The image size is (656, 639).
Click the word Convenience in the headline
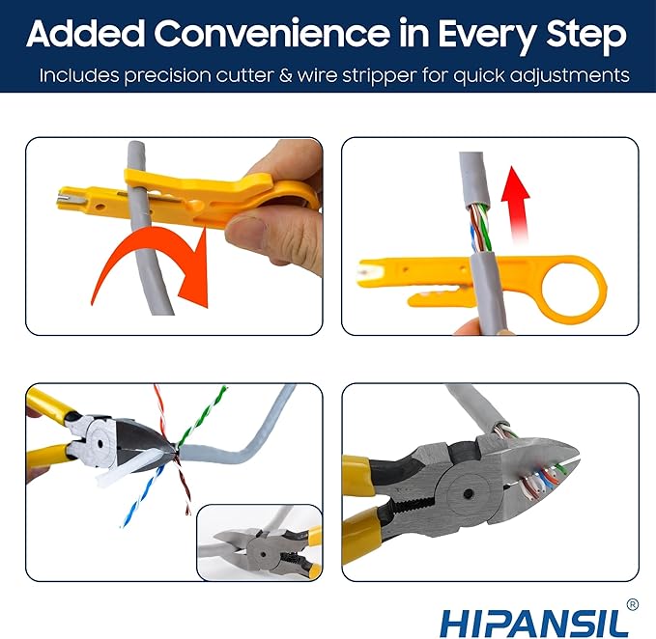[x=272, y=34]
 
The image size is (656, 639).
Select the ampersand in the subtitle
[x=286, y=75]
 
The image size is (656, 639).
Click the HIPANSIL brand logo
[x=534, y=623]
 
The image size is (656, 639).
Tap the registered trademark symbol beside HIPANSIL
[x=633, y=604]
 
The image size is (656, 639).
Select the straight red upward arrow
[x=517, y=205]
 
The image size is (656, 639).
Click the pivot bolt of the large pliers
[x=469, y=493]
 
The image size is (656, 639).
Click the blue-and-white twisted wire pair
[x=140, y=497]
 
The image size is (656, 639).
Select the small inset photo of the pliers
[x=259, y=542]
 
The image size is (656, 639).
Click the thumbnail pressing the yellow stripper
[x=246, y=229]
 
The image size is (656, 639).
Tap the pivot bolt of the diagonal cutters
[x=100, y=443]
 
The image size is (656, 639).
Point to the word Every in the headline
[x=487, y=37]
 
